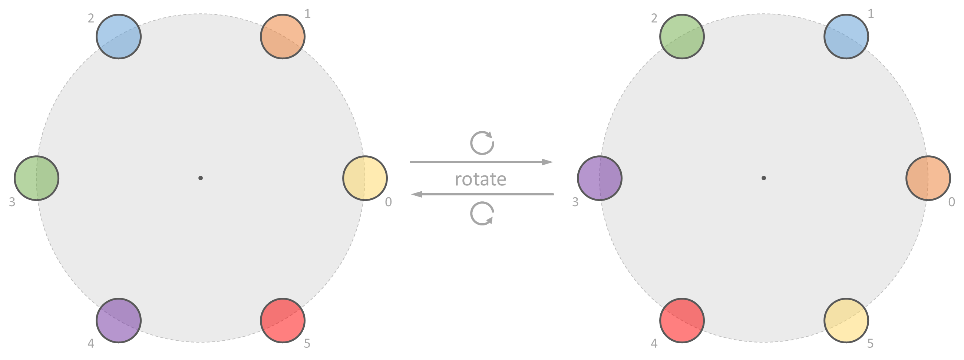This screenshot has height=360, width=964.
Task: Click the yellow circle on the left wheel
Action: click(365, 178)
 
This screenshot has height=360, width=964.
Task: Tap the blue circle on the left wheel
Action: click(119, 37)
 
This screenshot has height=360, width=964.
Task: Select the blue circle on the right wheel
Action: click(846, 37)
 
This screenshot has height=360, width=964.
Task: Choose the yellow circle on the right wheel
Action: click(846, 320)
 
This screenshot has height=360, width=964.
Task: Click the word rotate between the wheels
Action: click(481, 179)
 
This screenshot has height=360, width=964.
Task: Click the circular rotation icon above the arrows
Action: click(482, 143)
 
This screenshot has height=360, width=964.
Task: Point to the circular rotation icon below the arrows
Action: click(482, 214)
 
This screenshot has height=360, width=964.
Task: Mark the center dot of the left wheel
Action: click(201, 178)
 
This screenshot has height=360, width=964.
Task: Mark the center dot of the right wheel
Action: click(764, 178)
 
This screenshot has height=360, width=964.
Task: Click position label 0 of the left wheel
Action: click(389, 202)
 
